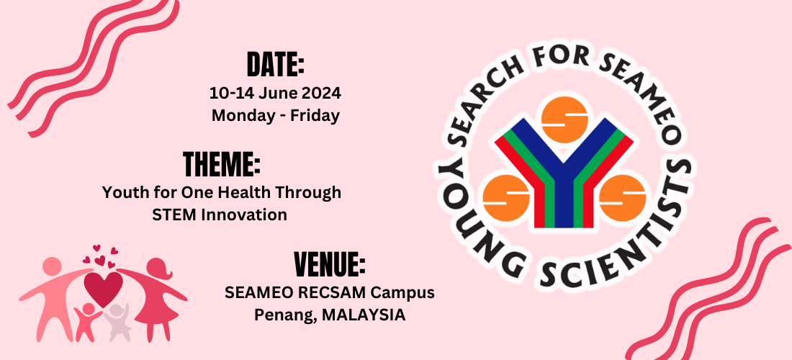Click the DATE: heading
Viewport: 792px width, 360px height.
(275, 65)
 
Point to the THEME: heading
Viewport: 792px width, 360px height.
(222, 164)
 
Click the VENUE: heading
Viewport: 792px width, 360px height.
(329, 264)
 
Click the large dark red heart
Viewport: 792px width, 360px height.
(104, 288)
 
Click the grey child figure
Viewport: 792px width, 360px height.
(117, 323)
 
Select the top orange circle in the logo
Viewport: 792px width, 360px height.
(564, 119)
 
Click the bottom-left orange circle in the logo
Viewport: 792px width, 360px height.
(506, 198)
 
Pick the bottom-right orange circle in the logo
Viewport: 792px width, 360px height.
(623, 198)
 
